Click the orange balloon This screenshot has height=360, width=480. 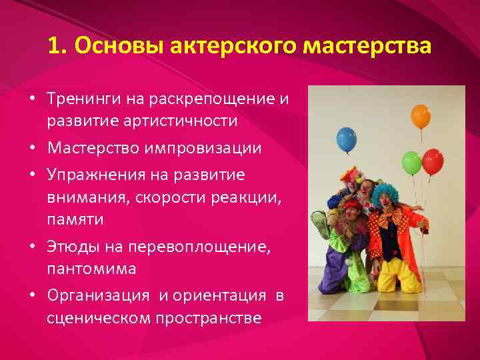tap(421, 116)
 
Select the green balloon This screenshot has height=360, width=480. tap(411, 163)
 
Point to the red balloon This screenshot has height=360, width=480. tap(433, 161)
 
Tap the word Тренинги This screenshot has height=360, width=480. tap(81, 100)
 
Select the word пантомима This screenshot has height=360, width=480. tap(91, 268)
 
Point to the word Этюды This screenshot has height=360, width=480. tap(69, 248)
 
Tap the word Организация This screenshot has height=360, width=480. tap(99, 295)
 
